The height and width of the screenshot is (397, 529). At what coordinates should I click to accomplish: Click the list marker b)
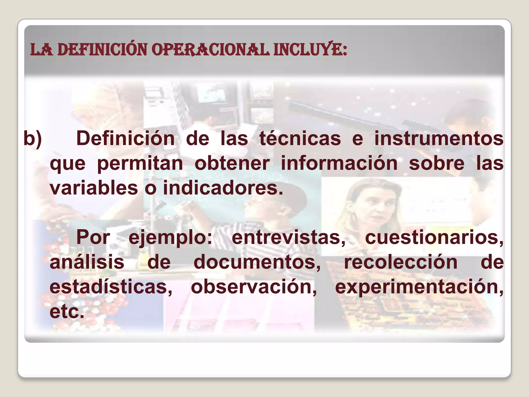point(33,139)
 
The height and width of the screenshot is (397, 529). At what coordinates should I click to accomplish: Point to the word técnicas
point(300,139)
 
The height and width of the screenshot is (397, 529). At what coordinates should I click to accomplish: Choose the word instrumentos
point(439,139)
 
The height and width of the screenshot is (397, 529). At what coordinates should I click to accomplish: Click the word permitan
point(140,164)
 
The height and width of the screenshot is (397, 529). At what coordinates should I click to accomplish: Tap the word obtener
point(232,164)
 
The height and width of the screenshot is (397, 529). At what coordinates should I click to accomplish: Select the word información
point(339,164)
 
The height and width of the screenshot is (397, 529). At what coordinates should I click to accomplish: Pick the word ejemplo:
point(170,238)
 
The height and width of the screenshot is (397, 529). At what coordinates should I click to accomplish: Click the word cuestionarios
point(434,238)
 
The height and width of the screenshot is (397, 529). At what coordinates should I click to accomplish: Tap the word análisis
point(87,262)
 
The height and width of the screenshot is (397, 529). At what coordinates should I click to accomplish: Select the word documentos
point(257,262)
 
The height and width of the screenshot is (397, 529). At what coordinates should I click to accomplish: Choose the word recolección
point(401,262)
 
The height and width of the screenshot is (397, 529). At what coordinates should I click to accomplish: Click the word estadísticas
point(111,287)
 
